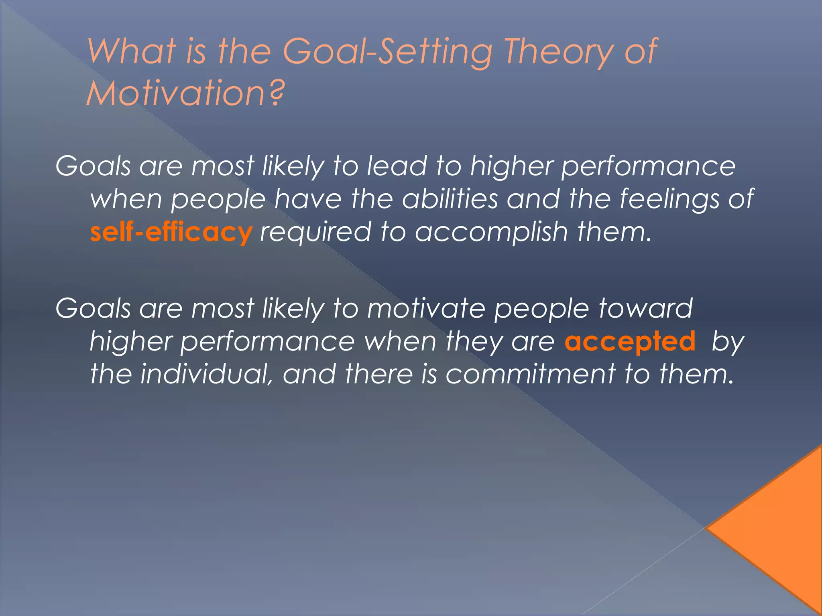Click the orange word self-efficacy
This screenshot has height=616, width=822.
(x=171, y=233)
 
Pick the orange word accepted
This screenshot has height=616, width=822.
(x=630, y=342)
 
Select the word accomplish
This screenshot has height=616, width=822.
(x=491, y=233)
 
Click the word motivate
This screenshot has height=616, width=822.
(x=426, y=309)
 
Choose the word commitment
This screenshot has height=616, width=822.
(x=530, y=374)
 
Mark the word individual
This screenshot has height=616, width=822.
(x=207, y=374)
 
